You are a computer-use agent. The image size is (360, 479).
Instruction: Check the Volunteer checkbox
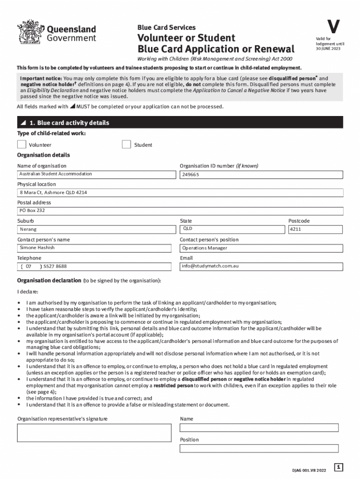coord(22,145)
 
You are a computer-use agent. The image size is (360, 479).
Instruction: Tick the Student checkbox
coord(126,145)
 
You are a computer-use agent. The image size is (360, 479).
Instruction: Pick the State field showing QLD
coord(232,229)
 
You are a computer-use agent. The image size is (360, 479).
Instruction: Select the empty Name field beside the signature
coord(259,428)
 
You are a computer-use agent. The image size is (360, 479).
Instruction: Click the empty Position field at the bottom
coord(259,449)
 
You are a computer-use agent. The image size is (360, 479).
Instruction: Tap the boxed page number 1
coord(339,467)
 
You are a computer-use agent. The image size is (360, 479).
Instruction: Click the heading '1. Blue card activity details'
coord(69,123)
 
